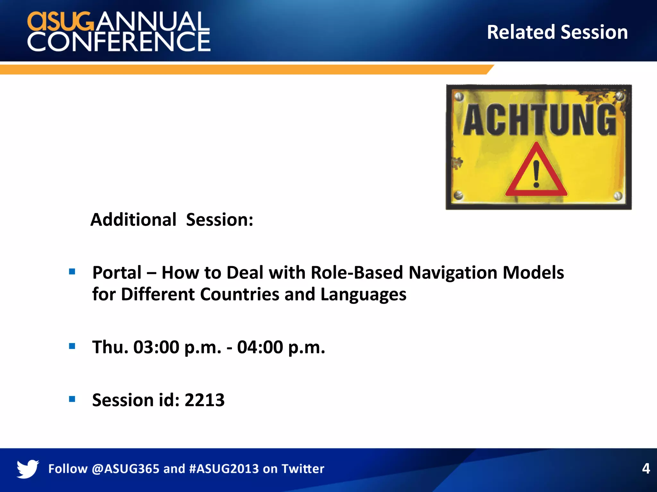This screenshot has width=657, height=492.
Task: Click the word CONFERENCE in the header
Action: [x=119, y=41]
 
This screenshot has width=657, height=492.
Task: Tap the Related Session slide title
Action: [x=557, y=32]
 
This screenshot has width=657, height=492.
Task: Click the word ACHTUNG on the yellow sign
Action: [x=539, y=120]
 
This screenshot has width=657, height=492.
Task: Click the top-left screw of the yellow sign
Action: [x=459, y=97]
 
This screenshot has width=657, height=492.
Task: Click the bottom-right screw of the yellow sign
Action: [x=618, y=196]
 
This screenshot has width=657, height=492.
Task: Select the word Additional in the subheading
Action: [x=133, y=220]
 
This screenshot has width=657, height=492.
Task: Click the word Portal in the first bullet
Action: [x=117, y=273]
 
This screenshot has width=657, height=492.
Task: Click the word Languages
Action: [x=363, y=294]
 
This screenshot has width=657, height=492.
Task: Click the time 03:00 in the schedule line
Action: [x=156, y=347]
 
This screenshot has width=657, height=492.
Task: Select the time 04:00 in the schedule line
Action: [x=260, y=347]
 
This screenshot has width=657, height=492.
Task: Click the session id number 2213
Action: [x=205, y=400]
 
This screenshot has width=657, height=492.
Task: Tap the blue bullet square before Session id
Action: [x=72, y=399]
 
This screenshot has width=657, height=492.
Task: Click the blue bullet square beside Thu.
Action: [x=72, y=346]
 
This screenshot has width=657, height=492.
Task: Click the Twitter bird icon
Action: [x=28, y=469]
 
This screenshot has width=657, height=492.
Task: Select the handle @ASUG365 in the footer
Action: [x=125, y=469]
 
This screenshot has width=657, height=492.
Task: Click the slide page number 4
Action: [x=646, y=468]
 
